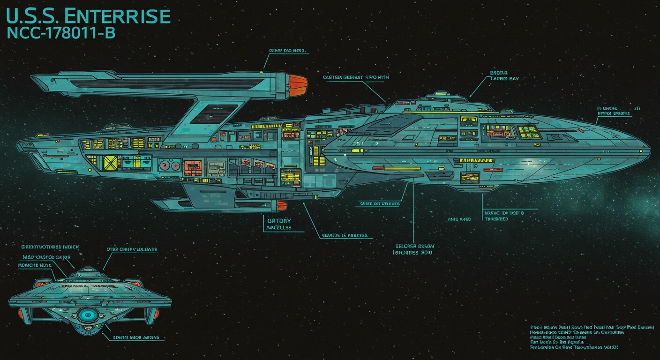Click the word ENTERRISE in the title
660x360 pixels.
coord(117,16)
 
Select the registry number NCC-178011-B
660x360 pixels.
coord(61,33)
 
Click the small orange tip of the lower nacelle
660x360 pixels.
coord(281,205)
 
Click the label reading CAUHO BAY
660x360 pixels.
coord(504,79)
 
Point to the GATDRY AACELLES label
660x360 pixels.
coord(279,224)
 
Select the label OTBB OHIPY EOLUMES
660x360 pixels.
coord(132,249)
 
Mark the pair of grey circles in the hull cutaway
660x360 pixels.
coord(169,165)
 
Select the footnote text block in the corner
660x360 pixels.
coord(595,337)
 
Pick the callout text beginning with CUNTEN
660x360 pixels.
coord(356,76)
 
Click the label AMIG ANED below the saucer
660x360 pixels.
coord(459,219)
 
